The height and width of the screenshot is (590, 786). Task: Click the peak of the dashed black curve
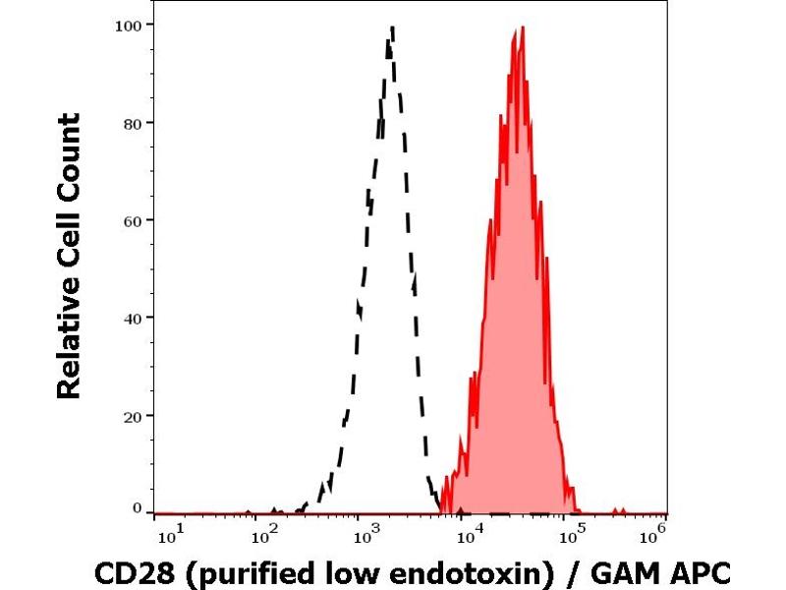click(x=391, y=29)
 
